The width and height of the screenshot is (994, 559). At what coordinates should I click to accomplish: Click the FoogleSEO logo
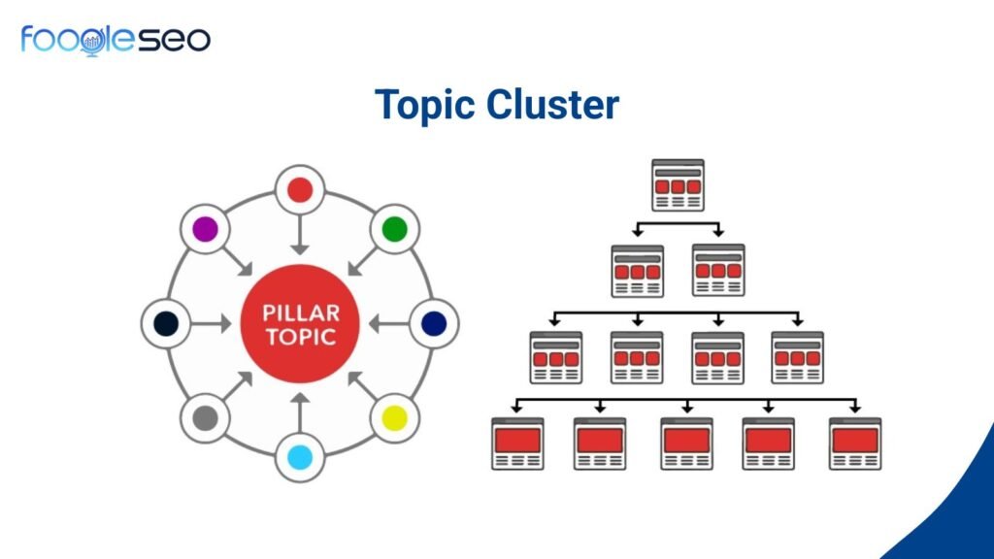[115, 39]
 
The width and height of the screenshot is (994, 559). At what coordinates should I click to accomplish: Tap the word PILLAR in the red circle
[300, 315]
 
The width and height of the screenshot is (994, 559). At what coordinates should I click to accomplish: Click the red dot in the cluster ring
[300, 189]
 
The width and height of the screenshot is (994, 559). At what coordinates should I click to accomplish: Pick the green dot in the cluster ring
[394, 230]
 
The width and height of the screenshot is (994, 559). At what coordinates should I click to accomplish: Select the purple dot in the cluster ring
[205, 230]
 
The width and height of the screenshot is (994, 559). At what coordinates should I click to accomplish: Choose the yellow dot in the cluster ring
[394, 417]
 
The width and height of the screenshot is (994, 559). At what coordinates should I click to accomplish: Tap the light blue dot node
[300, 456]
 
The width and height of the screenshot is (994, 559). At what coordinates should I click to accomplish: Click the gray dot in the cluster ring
[205, 417]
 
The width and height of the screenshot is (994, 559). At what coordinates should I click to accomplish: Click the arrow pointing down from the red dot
[300, 233]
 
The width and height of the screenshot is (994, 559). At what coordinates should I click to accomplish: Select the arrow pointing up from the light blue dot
[300, 412]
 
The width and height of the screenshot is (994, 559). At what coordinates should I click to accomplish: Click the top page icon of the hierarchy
[678, 184]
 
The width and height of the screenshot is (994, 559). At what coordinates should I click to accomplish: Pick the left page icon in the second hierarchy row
[637, 270]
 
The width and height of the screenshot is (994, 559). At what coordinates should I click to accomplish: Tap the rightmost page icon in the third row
[798, 357]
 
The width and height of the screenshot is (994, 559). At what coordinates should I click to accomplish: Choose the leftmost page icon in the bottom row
[517, 444]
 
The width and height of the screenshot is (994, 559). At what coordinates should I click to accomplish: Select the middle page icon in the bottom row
[686, 444]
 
